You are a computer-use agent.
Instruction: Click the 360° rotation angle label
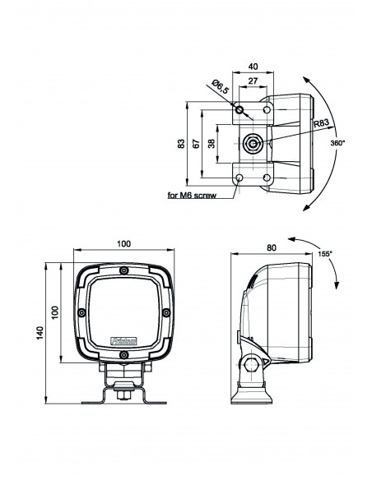(337, 142)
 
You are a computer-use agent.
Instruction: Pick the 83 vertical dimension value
(181, 144)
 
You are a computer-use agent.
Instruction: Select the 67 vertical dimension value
(194, 144)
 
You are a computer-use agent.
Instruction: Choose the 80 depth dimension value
(271, 246)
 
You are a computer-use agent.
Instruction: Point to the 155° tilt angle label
(324, 254)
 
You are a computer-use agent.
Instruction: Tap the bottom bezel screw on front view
(123, 354)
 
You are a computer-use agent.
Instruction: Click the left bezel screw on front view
(81, 312)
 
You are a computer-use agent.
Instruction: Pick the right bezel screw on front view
(166, 312)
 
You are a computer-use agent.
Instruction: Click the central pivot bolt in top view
(253, 145)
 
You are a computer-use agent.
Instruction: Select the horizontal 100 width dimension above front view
(123, 244)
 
